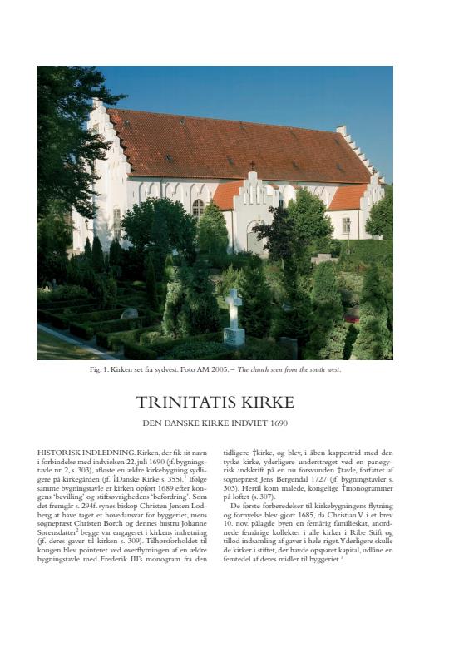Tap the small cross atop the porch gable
click(x=253, y=165)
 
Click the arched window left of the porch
click(x=198, y=208)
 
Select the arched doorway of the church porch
click(x=253, y=238)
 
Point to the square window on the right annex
click(x=346, y=225)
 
